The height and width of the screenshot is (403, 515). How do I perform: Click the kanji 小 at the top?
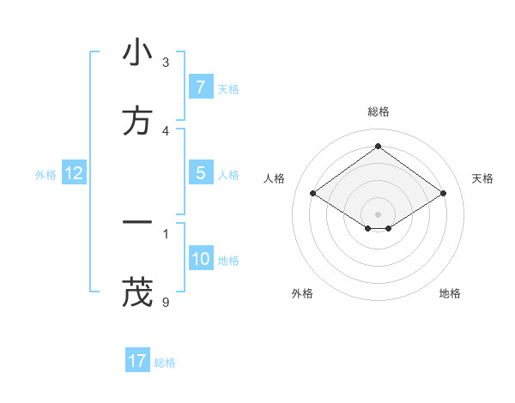point(137,53)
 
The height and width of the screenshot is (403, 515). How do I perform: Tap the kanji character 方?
point(137,121)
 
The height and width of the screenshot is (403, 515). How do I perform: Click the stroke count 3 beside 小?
point(166,62)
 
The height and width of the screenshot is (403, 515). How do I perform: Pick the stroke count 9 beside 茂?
point(166,302)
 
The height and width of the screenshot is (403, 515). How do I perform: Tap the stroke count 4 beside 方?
point(166,130)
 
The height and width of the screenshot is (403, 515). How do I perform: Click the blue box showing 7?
point(200,87)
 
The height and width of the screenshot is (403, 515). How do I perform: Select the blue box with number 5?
point(200,173)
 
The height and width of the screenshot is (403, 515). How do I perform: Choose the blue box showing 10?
point(200,259)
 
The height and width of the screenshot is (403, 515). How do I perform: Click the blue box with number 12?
point(74,173)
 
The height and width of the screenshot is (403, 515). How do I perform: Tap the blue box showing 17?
point(137,361)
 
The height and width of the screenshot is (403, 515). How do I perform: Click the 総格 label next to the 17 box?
point(165,363)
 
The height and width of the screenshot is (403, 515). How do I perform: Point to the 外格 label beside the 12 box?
point(45,175)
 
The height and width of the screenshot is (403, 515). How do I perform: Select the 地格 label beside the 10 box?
point(228,261)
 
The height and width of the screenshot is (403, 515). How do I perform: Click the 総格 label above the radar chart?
point(378,111)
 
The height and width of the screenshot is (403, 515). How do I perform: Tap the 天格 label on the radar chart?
point(482,178)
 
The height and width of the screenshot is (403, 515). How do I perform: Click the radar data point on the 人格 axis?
point(313,194)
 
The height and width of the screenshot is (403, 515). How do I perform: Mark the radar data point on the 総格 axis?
point(378,146)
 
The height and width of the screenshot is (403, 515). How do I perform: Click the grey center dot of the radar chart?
point(378,214)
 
